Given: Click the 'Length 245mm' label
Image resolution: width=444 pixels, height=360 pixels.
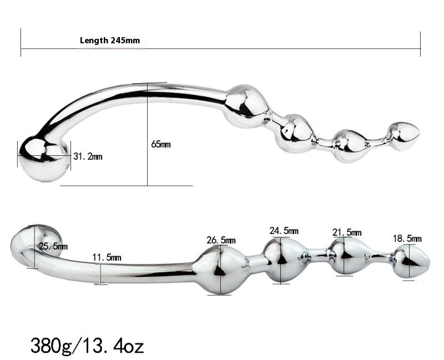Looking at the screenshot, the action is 110,40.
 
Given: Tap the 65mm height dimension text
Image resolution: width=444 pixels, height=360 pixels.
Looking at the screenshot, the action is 160,144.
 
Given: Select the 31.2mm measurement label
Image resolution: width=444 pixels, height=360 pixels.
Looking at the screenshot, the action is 88,156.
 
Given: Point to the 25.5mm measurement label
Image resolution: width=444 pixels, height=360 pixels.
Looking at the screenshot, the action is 53,246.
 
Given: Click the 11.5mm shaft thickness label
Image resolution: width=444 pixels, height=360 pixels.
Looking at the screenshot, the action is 107,257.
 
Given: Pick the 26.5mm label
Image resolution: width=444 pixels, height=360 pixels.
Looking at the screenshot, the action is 221,240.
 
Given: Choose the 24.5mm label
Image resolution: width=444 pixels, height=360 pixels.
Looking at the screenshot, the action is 284,231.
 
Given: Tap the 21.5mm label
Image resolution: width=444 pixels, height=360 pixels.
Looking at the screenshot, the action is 347,232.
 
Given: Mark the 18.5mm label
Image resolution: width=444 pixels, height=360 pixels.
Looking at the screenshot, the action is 407,239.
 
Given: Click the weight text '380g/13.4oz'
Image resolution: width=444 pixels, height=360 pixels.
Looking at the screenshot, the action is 87,346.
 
